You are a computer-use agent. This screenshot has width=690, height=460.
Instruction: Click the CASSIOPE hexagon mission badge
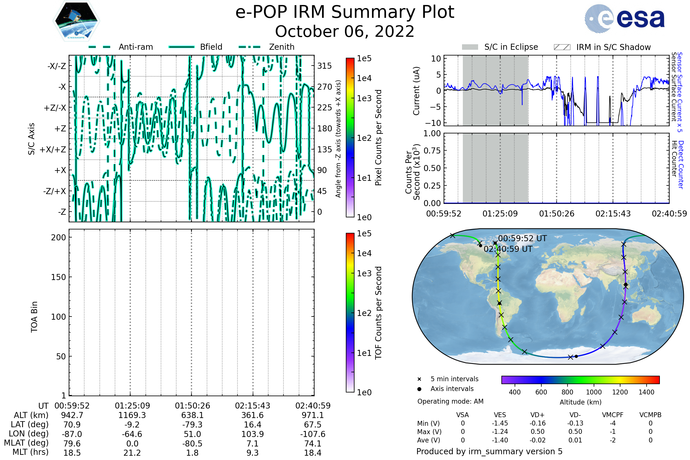click(x=76, y=21)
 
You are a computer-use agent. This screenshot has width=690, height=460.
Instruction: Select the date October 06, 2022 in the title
click(x=345, y=31)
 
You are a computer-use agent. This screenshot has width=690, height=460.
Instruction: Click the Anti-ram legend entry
click(x=120, y=47)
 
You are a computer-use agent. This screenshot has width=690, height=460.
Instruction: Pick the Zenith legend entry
click(x=267, y=47)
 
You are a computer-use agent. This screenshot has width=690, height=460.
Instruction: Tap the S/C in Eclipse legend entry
click(x=500, y=47)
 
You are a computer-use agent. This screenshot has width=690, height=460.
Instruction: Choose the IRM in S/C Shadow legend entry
click(x=602, y=47)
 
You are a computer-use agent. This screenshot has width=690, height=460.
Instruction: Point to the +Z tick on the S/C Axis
click(x=60, y=129)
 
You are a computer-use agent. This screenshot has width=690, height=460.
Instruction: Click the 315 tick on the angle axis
click(x=325, y=66)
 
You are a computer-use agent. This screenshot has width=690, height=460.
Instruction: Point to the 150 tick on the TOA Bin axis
click(x=58, y=277)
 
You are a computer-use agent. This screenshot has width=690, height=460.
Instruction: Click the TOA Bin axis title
click(x=34, y=317)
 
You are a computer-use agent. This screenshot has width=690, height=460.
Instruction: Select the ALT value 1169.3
click(x=132, y=415)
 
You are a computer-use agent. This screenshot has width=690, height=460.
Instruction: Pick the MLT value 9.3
click(x=252, y=453)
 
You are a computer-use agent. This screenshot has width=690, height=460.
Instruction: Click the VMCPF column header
click(x=613, y=415)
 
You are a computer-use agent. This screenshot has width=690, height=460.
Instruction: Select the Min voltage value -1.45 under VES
click(x=500, y=423)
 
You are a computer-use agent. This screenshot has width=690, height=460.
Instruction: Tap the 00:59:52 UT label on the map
click(x=522, y=238)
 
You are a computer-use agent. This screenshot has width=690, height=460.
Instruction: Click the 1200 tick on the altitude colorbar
click(x=620, y=392)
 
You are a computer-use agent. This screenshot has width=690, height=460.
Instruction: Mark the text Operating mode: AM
click(x=450, y=401)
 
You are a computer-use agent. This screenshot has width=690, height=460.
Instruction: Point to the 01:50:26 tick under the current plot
click(x=557, y=214)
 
